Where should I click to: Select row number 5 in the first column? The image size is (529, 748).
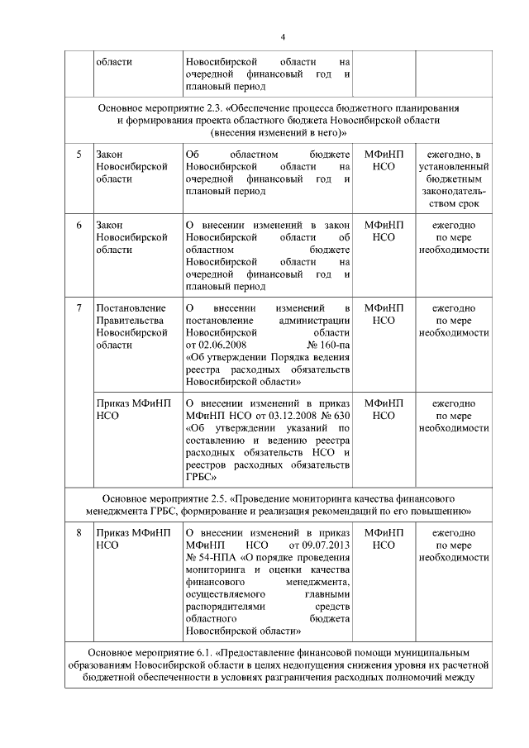(x=79, y=155)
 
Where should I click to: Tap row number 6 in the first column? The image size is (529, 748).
(x=79, y=226)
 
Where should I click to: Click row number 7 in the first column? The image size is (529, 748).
(x=79, y=308)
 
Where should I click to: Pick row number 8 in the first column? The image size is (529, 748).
(x=79, y=534)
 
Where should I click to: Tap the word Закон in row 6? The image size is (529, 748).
(x=111, y=226)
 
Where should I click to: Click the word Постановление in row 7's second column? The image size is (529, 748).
(x=125, y=308)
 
